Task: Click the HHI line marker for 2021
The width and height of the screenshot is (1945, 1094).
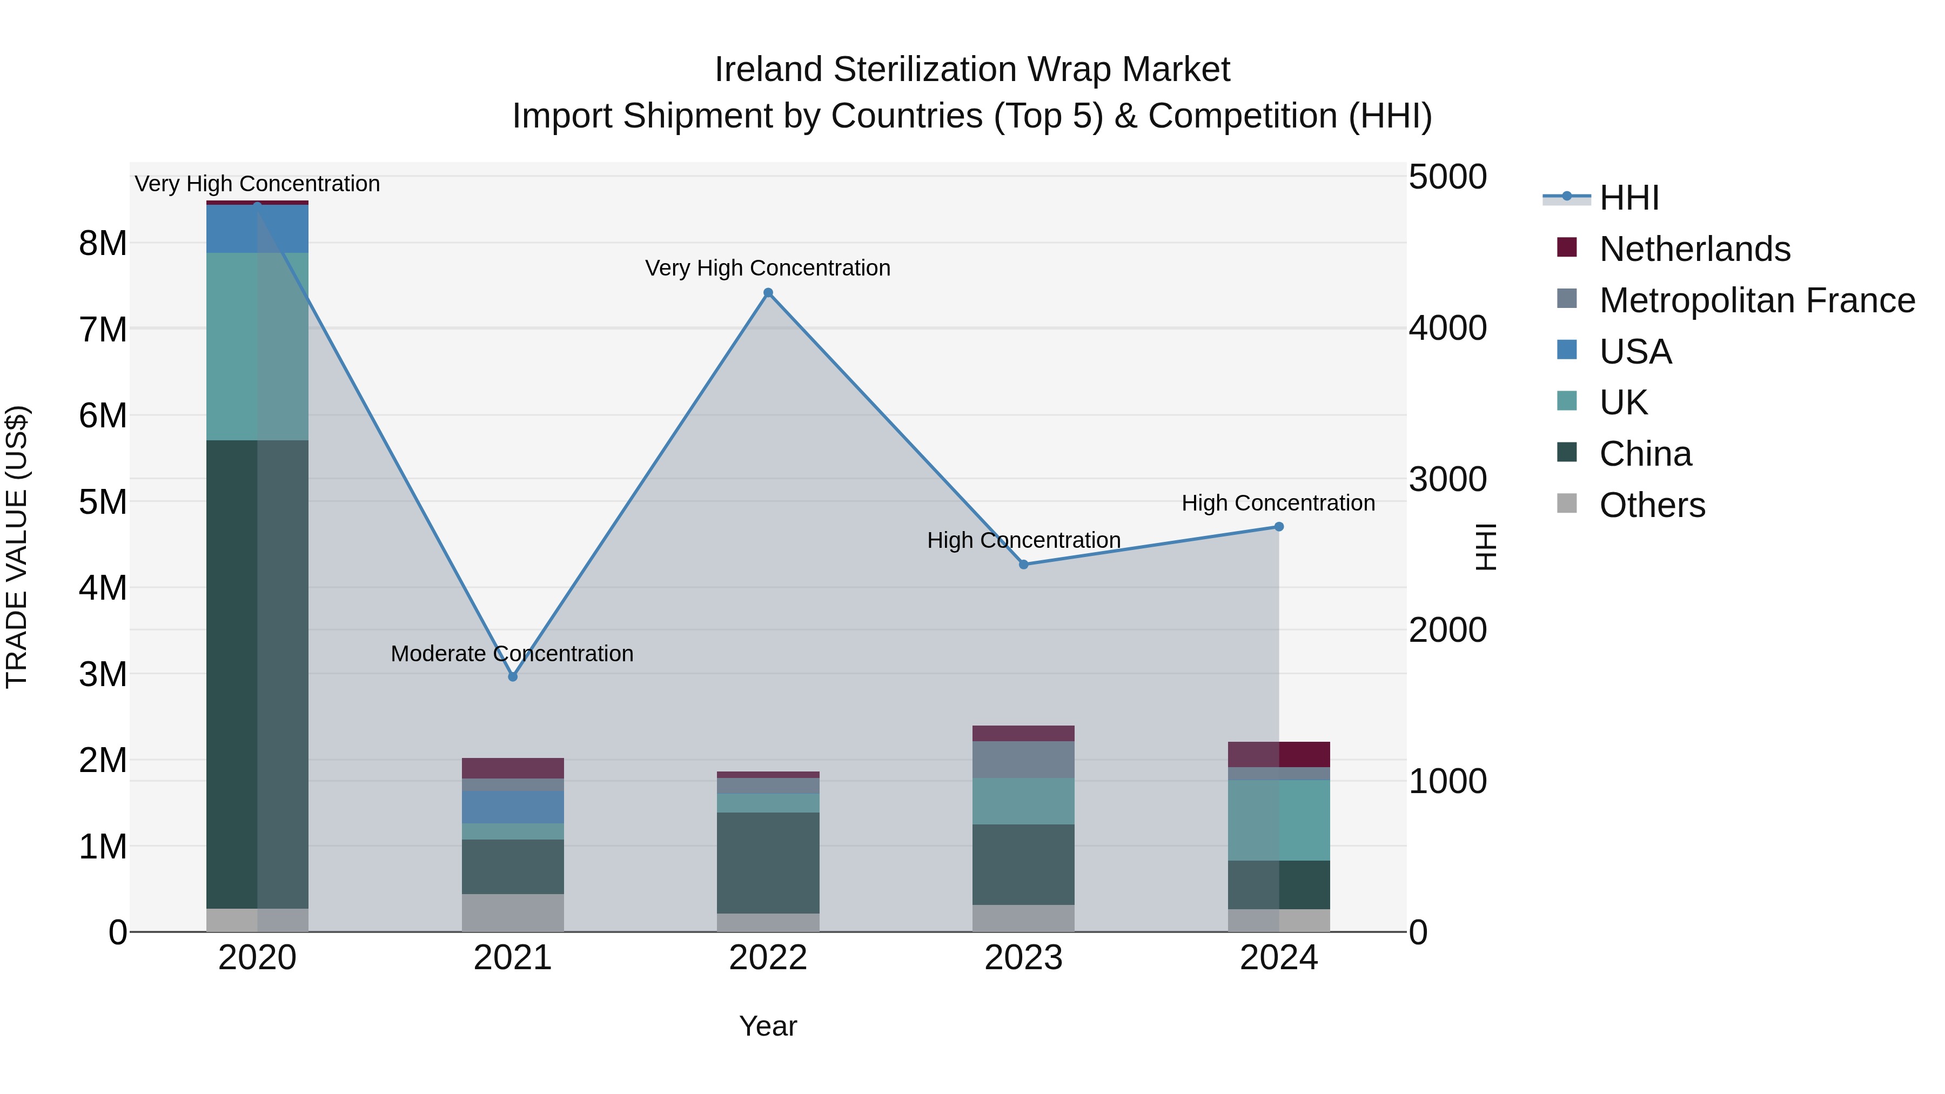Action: [x=513, y=676]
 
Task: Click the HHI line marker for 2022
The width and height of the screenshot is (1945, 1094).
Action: [x=768, y=293]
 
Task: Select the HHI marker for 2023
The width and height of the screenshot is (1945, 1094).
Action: [x=1024, y=565]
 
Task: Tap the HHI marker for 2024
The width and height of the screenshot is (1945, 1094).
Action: [x=1278, y=527]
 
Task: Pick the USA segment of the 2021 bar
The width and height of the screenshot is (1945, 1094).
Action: [x=513, y=807]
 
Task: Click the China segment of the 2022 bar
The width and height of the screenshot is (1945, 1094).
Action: [x=768, y=862]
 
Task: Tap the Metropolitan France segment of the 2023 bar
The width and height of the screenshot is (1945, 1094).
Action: [x=1023, y=760]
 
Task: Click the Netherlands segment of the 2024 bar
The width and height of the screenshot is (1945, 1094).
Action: [x=1278, y=754]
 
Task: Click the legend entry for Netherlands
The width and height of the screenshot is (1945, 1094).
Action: [x=1694, y=249]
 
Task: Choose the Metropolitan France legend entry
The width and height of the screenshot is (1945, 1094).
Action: [x=1756, y=300]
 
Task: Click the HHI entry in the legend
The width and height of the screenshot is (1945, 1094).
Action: [x=1628, y=198]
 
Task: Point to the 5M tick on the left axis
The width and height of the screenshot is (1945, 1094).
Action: [x=103, y=502]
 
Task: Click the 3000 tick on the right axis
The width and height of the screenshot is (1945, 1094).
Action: [x=1447, y=479]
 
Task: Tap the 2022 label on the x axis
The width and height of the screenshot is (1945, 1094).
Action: [x=768, y=958]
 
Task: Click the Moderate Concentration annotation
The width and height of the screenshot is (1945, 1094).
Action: [x=512, y=653]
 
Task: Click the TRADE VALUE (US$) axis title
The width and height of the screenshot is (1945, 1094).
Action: [x=17, y=547]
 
